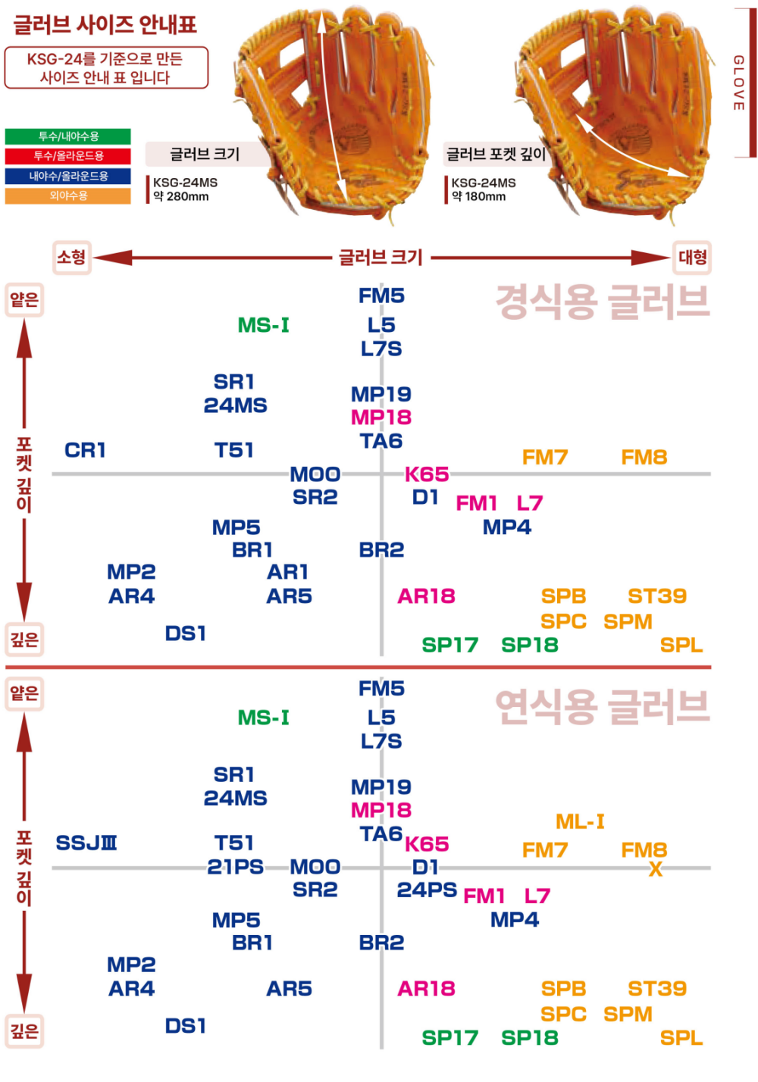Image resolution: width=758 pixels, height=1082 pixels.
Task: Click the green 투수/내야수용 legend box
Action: pyautogui.click(x=67, y=136)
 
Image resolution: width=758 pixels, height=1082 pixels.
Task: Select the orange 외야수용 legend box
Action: pyautogui.click(x=67, y=195)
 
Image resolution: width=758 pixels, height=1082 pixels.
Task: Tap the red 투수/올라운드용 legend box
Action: pyautogui.click(x=67, y=156)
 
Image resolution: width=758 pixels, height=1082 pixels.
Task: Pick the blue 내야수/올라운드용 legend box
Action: pyautogui.click(x=67, y=176)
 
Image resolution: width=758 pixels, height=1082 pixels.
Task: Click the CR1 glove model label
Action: pyautogui.click(x=85, y=450)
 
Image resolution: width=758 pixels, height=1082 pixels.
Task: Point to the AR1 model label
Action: pyautogui.click(x=287, y=572)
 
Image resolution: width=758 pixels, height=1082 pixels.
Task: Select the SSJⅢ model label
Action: pyautogui.click(x=86, y=843)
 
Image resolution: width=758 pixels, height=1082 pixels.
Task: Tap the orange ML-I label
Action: pyautogui.click(x=580, y=821)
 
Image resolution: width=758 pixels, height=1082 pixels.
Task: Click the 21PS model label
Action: pyautogui.click(x=235, y=867)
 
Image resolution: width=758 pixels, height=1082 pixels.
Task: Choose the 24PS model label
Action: pyautogui.click(x=427, y=890)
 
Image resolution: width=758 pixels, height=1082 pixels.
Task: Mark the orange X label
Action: pyautogui.click(x=655, y=869)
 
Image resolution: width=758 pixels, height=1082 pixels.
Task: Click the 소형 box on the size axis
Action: pyautogui.click(x=71, y=258)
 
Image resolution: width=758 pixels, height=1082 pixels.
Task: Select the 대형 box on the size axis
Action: pyautogui.click(x=692, y=258)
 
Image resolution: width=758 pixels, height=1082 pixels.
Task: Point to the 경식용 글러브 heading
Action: pyautogui.click(x=603, y=302)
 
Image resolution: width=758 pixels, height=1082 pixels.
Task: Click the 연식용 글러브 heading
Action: pyautogui.click(x=603, y=707)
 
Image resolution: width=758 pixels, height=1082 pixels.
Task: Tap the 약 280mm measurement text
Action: pyautogui.click(x=181, y=196)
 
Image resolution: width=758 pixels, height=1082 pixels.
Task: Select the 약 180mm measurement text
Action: pyautogui.click(x=479, y=196)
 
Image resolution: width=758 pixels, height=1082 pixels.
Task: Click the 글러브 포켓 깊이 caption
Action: pyautogui.click(x=496, y=154)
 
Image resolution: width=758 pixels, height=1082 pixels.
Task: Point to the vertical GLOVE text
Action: pyautogui.click(x=739, y=83)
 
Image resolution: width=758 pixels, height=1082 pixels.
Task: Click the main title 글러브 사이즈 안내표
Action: pyautogui.click(x=105, y=25)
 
